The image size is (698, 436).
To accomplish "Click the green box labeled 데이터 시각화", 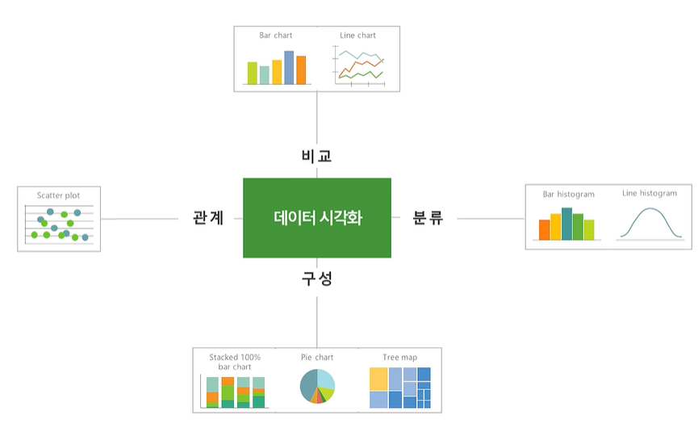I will coord(316,217).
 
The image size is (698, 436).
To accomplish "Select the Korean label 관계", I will coord(208,218).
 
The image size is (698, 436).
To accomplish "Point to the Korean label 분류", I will coord(428,218).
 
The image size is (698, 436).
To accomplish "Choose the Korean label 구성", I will coord(317,279).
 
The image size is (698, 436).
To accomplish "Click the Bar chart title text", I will coord(276,36).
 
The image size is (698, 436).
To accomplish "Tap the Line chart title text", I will coord(357,36).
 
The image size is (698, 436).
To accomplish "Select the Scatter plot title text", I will coord(58,195).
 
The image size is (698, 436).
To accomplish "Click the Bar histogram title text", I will coord(568,195).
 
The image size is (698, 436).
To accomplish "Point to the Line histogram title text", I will coord(650,194).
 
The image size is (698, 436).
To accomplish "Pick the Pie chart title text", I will coord(317,357).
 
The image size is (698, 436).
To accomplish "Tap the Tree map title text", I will coord(400,357).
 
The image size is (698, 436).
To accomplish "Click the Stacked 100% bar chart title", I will coord(235,362).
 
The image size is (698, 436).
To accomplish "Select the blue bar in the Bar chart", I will coord(289,67).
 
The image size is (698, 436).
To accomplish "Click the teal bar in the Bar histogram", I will coord(566,224).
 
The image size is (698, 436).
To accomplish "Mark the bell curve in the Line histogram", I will coord(650,213).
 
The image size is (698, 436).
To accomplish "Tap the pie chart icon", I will coord(317,387).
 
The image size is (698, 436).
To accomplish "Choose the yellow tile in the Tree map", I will coord(378,379).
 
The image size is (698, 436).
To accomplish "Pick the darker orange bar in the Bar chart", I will coord(301,70).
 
